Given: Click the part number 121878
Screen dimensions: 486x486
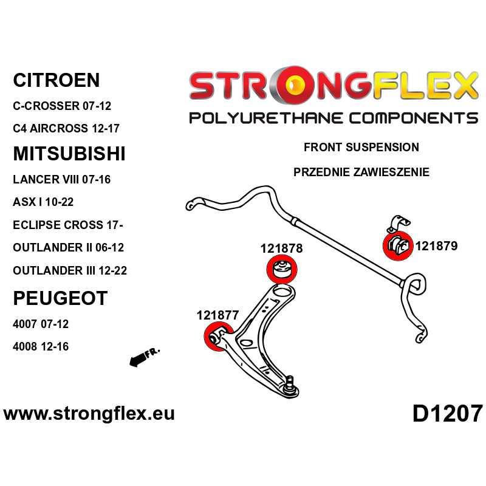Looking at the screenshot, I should coord(281,248).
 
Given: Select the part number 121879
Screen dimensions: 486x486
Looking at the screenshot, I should coord(437,246).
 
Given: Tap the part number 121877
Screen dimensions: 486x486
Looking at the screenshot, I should coord(217,315).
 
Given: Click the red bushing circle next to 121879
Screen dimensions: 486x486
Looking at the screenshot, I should coord(397,246).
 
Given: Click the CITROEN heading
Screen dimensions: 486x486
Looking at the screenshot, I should coord(56,80).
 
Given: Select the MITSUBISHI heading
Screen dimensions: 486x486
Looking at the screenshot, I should coord(69,154).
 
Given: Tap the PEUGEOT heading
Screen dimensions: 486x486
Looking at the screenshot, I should coord(60,298).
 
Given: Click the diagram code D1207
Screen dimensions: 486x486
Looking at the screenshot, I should coord(447,414).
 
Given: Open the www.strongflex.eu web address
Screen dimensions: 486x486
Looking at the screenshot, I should coord(89,414).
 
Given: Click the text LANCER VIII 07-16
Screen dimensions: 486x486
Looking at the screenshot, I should coord(61,180).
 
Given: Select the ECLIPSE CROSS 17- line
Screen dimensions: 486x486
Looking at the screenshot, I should coord(67,225).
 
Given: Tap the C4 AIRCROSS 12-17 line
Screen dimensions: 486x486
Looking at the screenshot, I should coord(66,129).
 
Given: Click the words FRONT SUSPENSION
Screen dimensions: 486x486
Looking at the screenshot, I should coord(361,148).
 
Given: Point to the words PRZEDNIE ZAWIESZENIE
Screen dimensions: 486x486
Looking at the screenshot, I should coord(361,173).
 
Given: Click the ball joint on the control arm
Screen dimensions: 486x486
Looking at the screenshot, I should coord(291,383).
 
